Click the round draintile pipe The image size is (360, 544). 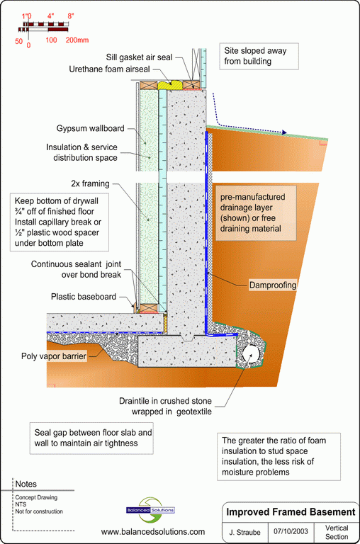(x=251, y=354)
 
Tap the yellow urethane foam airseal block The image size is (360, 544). (x=170, y=85)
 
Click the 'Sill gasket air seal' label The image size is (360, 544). (x=139, y=57)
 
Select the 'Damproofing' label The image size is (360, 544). (x=273, y=285)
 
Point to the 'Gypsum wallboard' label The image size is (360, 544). (x=90, y=128)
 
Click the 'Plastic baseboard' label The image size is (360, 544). (x=84, y=297)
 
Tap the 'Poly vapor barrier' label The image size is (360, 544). (x=54, y=356)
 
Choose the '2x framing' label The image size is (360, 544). (x=90, y=183)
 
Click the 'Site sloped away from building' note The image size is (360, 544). (x=259, y=56)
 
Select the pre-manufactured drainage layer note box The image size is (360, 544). (x=257, y=212)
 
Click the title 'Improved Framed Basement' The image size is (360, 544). (x=291, y=512)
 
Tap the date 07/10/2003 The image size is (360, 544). (x=291, y=531)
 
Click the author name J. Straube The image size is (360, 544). (x=244, y=532)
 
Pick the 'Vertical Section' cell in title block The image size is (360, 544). (x=337, y=532)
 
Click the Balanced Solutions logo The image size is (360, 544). (x=151, y=510)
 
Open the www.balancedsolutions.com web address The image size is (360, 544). (x=153, y=532)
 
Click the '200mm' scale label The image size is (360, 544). (x=77, y=40)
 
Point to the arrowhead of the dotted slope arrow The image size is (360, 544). (x=284, y=132)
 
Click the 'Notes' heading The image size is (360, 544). (x=26, y=484)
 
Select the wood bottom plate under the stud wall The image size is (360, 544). (x=150, y=307)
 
